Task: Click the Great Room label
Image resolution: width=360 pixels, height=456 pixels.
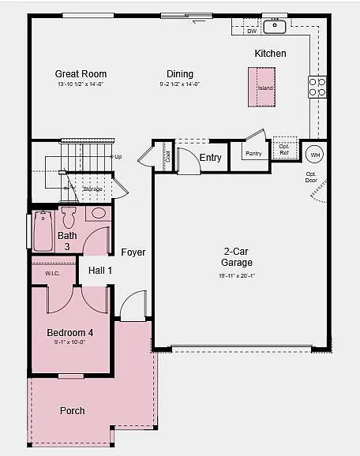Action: pyautogui.click(x=81, y=74)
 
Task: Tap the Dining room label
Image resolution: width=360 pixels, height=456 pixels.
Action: pyautogui.click(x=180, y=74)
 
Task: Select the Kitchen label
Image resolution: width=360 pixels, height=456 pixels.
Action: pyautogui.click(x=270, y=54)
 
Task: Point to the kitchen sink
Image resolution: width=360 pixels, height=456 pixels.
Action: pyautogui.click(x=274, y=26)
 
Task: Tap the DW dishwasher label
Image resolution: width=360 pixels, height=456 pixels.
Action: pyautogui.click(x=252, y=31)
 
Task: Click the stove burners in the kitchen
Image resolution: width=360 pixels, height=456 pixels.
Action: pyautogui.click(x=317, y=87)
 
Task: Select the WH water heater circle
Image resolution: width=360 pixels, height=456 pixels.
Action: pyautogui.click(x=315, y=154)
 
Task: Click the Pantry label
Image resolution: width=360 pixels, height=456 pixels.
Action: pyautogui.click(x=253, y=153)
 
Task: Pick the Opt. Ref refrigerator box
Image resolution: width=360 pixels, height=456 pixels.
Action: pyautogui.click(x=284, y=149)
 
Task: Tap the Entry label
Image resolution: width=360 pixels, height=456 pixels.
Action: pyautogui.click(x=210, y=158)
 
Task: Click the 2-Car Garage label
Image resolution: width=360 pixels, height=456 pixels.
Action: pyautogui.click(x=237, y=257)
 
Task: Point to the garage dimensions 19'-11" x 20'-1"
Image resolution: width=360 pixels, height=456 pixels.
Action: pyautogui.click(x=237, y=275)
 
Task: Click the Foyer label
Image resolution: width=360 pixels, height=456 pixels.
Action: pyautogui.click(x=133, y=252)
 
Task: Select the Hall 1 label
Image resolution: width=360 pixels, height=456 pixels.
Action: pyautogui.click(x=100, y=271)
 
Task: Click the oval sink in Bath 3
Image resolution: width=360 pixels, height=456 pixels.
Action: pyautogui.click(x=99, y=213)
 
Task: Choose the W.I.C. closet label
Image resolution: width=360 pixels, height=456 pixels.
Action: pyautogui.click(x=53, y=274)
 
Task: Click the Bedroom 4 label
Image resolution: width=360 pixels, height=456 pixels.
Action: pyautogui.click(x=69, y=332)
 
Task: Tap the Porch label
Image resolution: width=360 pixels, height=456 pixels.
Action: pyautogui.click(x=73, y=410)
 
